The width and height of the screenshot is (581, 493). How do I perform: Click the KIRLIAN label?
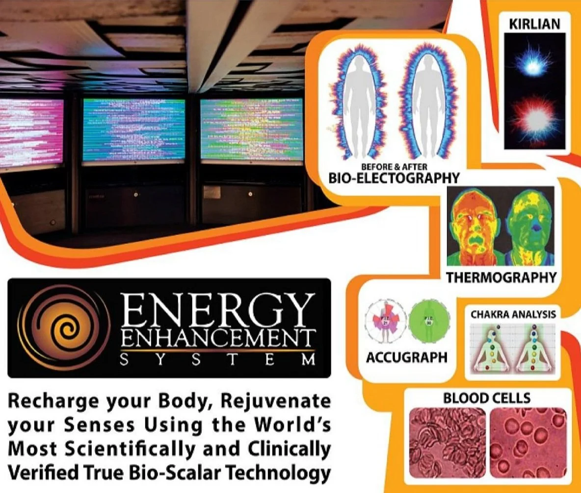click(534, 23)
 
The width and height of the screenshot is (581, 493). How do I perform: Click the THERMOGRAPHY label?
click(501, 277)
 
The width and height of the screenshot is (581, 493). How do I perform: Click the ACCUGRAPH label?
click(407, 357)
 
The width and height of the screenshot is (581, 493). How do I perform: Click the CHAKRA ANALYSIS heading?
click(513, 313)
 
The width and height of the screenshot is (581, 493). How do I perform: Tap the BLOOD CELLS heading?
click(487, 398)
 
